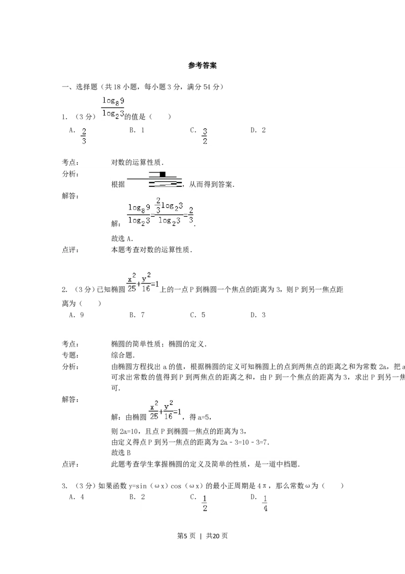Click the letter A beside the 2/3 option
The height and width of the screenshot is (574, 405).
[72, 131]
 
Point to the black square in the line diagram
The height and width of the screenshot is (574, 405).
[162, 174]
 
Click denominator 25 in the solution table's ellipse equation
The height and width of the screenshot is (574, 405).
[153, 416]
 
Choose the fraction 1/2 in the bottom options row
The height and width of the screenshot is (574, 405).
[206, 503]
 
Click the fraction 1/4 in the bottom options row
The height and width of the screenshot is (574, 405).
[266, 503]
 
